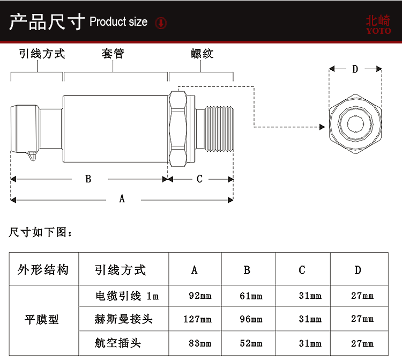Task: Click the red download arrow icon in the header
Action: (x=161, y=23)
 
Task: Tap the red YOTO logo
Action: (x=378, y=24)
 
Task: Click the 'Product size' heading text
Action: (x=118, y=22)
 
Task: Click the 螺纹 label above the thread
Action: (x=202, y=54)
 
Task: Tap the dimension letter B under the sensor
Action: (x=88, y=179)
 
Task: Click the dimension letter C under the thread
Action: (x=200, y=179)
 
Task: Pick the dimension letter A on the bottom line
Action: (x=122, y=199)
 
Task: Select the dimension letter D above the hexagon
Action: (x=355, y=69)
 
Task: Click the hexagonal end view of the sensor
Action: (x=355, y=124)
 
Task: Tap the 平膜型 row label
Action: (x=42, y=319)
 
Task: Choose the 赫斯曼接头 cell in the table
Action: (x=124, y=319)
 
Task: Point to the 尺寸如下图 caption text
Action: (x=40, y=232)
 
